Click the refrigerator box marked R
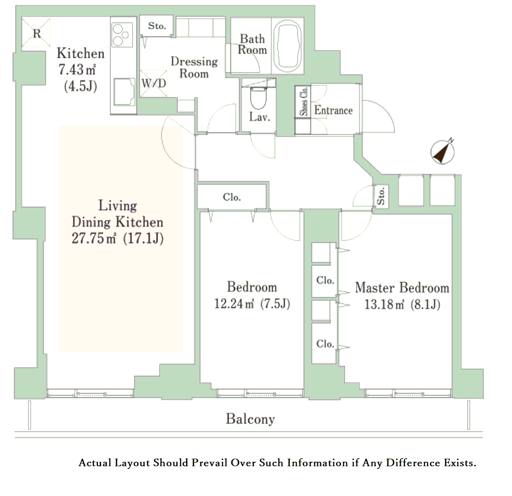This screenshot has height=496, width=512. point(36,32)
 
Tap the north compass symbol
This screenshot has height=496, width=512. point(443,152)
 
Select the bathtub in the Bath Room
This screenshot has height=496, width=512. point(287,46)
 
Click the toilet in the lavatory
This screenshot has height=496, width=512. point(258,97)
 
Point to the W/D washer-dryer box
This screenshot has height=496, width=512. point(153,83)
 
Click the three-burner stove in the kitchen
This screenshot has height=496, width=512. point(122,35)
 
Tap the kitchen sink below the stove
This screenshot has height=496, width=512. point(124,92)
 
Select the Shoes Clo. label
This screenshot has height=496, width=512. point(304,101)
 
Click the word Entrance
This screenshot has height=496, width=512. point(333,110)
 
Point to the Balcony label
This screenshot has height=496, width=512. point(250,419)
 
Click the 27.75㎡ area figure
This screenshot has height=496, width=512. point(93,238)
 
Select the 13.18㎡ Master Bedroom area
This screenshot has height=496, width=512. point(384,304)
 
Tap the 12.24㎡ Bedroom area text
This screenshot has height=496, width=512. point(234,304)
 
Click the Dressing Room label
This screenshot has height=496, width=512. point(194,67)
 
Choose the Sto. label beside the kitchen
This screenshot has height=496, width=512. point(157,26)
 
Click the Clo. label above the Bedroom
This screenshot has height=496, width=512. point(232,197)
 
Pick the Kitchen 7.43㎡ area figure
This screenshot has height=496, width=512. point(77,69)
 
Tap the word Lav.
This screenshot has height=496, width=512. point(260,117)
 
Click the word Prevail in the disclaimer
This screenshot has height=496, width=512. point(210,463)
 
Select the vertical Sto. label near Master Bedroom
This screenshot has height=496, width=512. point(381,196)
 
